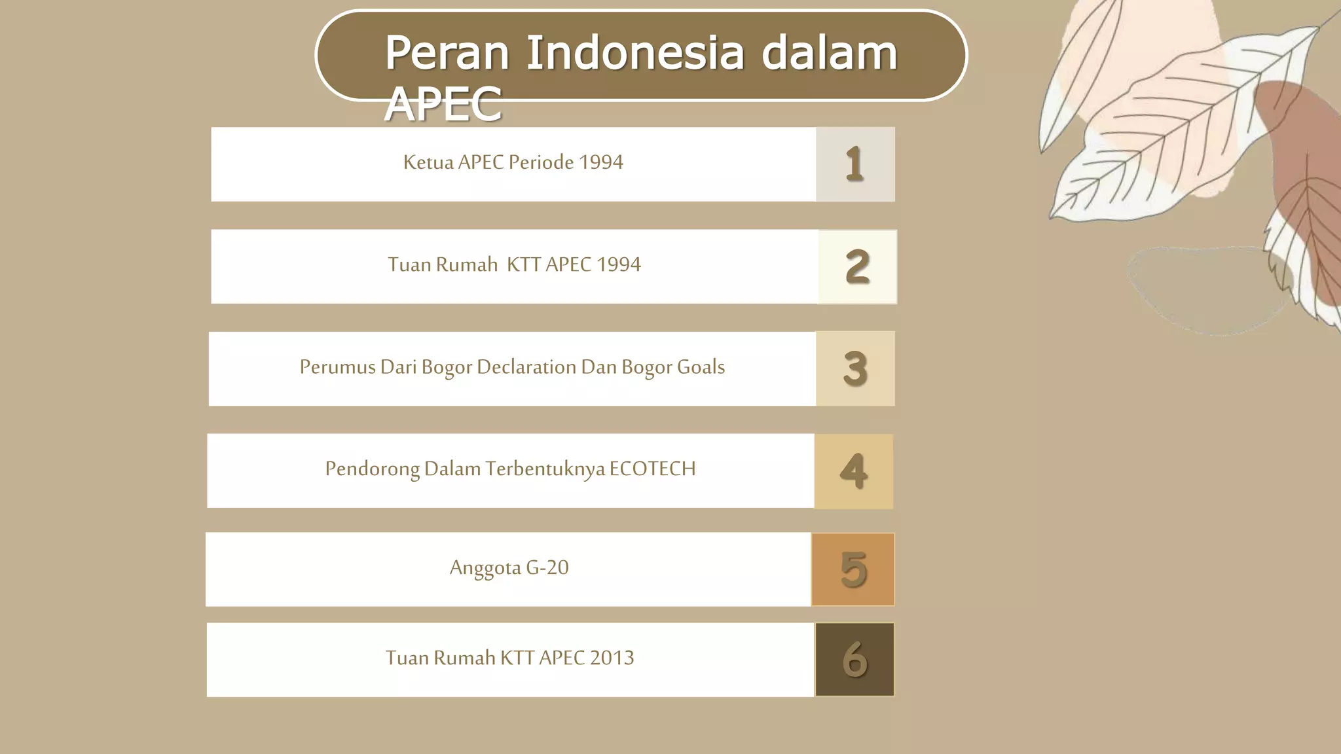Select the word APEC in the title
click(443, 105)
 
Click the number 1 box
click(855, 164)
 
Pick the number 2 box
click(857, 266)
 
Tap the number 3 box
click(855, 368)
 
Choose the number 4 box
click(854, 471)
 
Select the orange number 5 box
click(853, 569)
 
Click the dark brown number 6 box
click(854, 659)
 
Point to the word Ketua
click(428, 162)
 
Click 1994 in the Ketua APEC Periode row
click(601, 162)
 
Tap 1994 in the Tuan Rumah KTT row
click(619, 264)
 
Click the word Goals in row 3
click(701, 367)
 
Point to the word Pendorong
click(372, 469)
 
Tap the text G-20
click(547, 567)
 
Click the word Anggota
click(485, 567)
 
